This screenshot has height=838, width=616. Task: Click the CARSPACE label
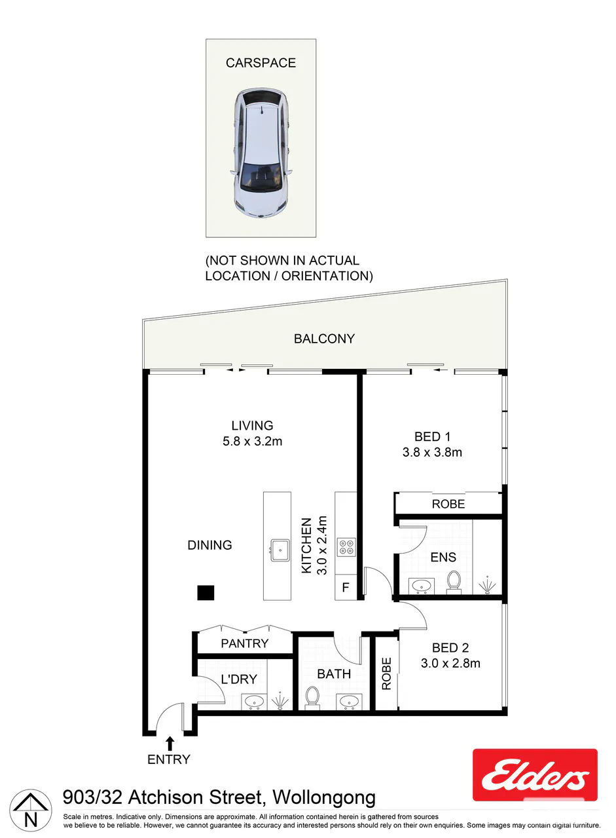point(261,63)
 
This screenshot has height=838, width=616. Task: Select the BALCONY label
point(324,339)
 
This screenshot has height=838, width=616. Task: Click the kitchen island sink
point(280,550)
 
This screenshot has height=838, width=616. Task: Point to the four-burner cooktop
point(346,547)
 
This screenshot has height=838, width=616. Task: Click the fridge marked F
point(346,587)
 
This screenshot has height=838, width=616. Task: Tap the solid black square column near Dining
point(206,592)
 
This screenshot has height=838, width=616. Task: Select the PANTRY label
point(244,643)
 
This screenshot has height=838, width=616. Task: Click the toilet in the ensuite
point(454,582)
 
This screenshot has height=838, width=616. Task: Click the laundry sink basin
point(254,701)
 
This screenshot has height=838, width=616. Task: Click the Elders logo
point(535,775)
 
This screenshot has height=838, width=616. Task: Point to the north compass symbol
point(31,809)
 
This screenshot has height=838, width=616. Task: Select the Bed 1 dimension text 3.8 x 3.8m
point(432,452)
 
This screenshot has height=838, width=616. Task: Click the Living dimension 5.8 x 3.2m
point(252,441)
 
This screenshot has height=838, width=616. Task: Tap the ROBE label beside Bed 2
point(386,674)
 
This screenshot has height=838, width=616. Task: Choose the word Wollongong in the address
point(324,798)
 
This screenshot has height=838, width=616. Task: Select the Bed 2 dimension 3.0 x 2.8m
point(450,663)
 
